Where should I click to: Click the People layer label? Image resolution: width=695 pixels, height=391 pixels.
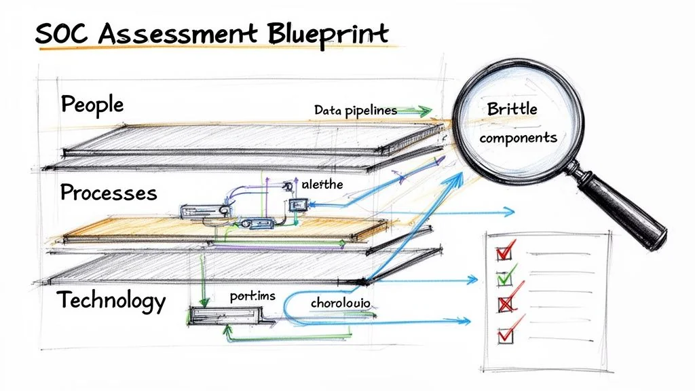pos(92,105)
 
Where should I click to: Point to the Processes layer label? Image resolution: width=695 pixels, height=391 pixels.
pos(109,193)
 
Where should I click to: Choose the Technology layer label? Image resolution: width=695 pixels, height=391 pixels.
pos(111,299)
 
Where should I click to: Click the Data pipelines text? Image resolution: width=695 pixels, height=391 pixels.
pos(355,109)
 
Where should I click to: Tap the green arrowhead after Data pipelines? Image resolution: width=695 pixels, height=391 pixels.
pos(426,110)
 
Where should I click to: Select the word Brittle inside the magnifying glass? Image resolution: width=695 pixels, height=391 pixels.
pos(512,109)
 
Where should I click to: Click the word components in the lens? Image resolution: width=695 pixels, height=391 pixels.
pos(518,137)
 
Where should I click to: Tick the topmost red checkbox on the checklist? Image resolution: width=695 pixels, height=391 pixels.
pos(504,252)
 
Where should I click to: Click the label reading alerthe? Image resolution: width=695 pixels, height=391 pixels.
pos(322,184)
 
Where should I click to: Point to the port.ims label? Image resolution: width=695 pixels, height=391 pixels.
pos(252,297)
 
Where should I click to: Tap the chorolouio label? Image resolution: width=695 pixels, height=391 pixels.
pos(340,302)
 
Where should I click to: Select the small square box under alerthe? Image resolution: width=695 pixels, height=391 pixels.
pos(297,205)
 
